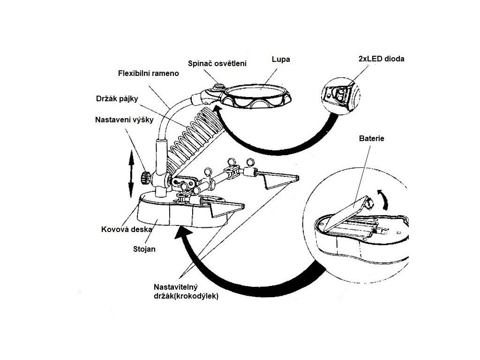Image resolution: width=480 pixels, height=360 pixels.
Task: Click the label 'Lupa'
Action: [x=281, y=60]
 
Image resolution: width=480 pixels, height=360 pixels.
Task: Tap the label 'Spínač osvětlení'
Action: [x=217, y=63]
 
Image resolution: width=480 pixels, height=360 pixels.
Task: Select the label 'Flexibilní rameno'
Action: [x=148, y=74]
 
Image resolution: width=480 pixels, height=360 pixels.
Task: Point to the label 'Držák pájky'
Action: [x=117, y=99]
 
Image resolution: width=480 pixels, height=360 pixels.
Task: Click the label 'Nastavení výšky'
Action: [x=124, y=120]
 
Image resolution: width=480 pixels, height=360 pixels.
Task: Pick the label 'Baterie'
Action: [x=371, y=139]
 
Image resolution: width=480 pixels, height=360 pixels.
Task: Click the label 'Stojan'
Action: [x=144, y=249]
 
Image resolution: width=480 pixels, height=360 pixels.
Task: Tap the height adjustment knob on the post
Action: [x=147, y=178]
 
